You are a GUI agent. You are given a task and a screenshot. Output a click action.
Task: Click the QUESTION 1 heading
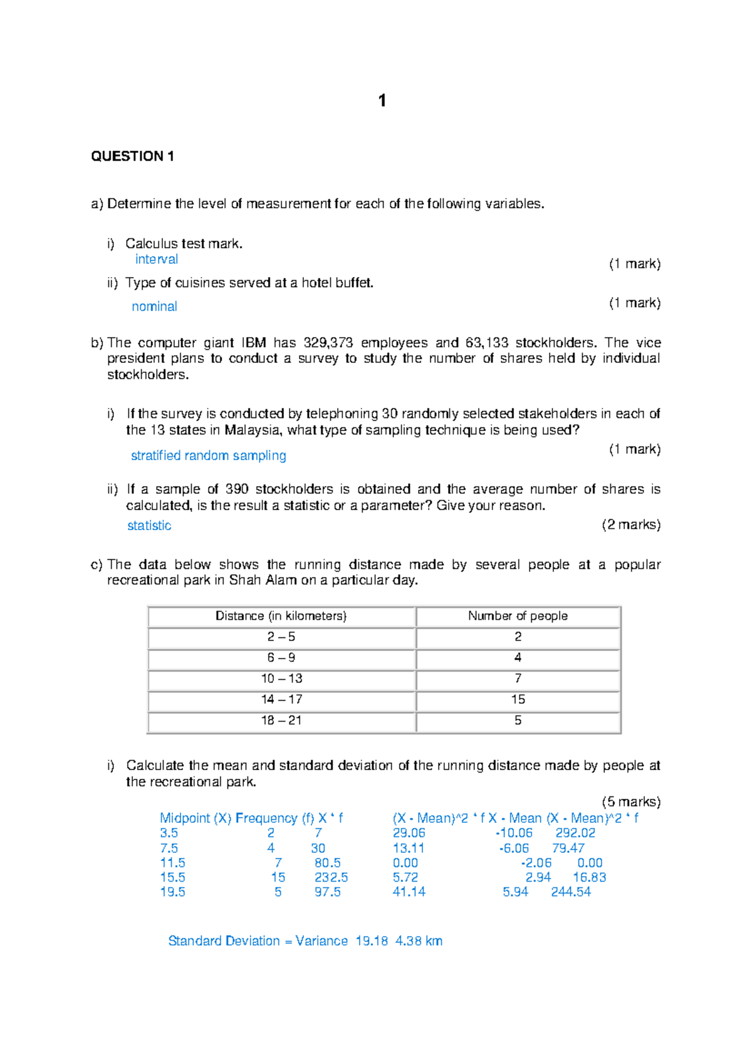[132, 157]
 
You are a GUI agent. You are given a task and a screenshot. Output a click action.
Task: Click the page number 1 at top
[382, 101]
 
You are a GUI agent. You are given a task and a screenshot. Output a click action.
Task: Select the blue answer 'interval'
[157, 259]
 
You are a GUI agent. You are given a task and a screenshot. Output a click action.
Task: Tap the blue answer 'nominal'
[154, 306]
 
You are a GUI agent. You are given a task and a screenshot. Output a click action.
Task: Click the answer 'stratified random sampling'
[208, 456]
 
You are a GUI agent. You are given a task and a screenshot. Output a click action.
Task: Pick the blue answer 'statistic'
[149, 526]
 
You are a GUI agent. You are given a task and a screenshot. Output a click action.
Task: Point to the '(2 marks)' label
[630, 525]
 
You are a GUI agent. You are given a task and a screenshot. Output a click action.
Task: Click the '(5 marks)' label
[630, 802]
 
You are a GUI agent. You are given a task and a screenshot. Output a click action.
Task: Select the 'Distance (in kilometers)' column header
[281, 616]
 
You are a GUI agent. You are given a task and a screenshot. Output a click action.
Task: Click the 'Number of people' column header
[518, 616]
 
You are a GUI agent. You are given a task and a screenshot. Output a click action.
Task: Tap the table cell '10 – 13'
[281, 679]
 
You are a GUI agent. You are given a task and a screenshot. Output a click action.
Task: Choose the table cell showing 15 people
[518, 699]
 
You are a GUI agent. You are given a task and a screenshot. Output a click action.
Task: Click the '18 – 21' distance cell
[281, 721]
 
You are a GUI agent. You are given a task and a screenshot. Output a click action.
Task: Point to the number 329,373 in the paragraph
[328, 343]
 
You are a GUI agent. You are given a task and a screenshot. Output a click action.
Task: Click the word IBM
[253, 343]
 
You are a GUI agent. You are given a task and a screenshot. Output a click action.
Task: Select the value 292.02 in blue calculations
[575, 833]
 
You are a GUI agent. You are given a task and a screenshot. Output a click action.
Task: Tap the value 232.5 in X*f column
[331, 878]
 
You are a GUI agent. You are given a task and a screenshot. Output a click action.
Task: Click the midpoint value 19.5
[172, 892]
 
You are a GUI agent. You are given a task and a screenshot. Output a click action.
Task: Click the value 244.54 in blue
[571, 892]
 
